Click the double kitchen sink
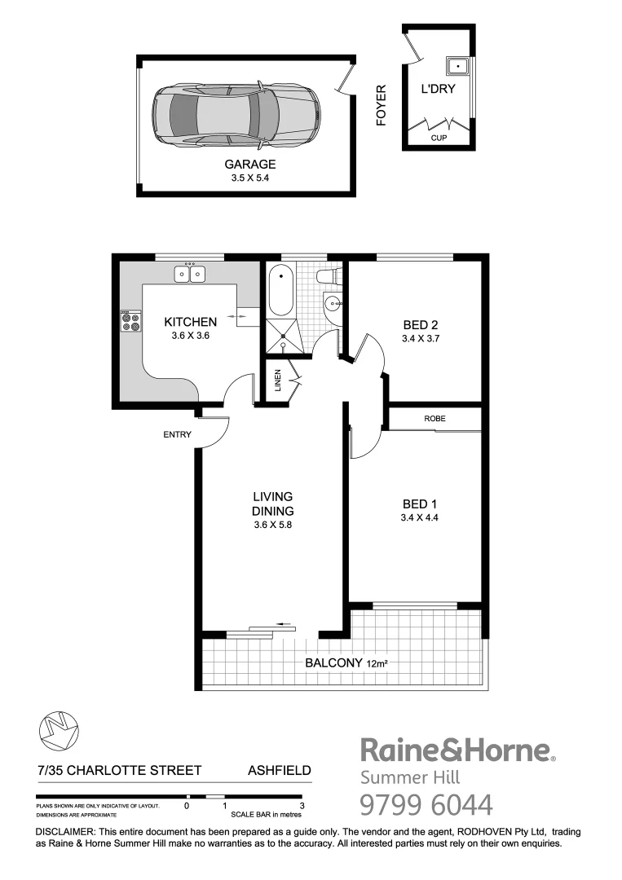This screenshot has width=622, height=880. [190, 274]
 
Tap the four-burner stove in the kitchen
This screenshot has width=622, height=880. [130, 322]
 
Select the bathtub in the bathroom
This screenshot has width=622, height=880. [279, 291]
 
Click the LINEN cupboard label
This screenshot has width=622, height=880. [277, 381]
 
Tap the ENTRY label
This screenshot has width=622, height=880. [177, 434]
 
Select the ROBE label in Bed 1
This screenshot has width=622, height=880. [434, 419]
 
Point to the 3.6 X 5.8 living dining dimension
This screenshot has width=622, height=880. [272, 526]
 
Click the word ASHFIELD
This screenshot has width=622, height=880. [279, 770]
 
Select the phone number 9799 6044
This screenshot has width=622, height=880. [426, 805]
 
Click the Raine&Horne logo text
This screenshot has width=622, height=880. [457, 750]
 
